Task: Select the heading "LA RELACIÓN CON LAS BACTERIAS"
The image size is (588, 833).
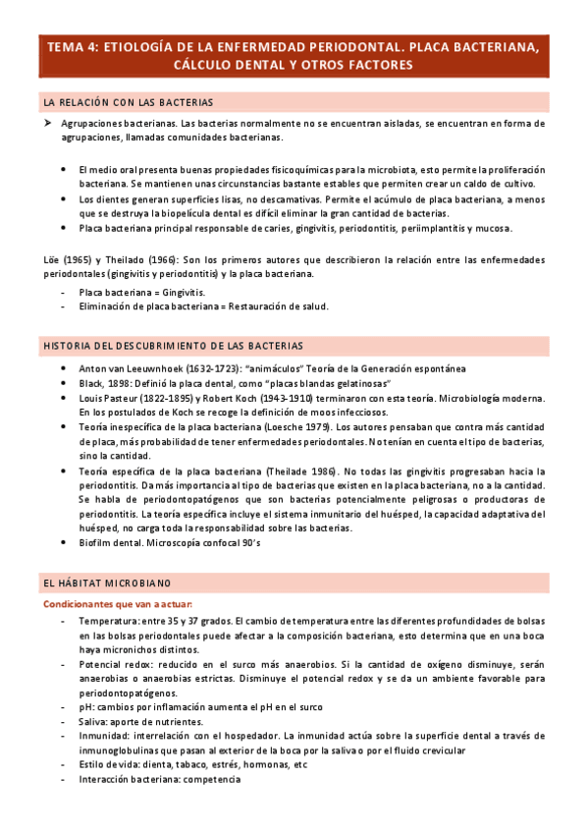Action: pyautogui.click(x=129, y=102)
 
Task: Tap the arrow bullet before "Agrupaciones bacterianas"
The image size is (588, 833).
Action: pyautogui.click(x=47, y=125)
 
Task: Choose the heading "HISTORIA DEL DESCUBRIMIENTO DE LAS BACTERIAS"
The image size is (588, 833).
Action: pyautogui.click(x=173, y=346)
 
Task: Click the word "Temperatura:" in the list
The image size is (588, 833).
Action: pyautogui.click(x=110, y=622)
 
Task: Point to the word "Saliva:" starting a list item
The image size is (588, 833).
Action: pyautogui.click(x=96, y=722)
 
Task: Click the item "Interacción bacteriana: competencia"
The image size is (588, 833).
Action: pyautogui.click(x=159, y=779)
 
